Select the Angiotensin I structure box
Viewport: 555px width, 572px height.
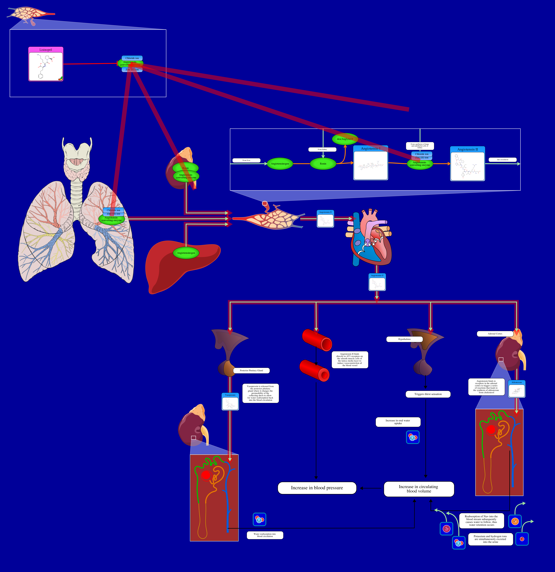click(x=370, y=163)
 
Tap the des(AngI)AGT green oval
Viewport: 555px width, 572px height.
click(x=345, y=139)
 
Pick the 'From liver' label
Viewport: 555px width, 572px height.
click(x=246, y=160)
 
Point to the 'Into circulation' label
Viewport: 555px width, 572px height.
click(x=502, y=160)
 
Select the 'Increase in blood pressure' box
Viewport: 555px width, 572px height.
click(x=317, y=488)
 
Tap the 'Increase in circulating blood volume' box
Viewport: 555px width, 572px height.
click(x=419, y=489)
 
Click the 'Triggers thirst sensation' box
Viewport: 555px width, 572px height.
click(x=428, y=394)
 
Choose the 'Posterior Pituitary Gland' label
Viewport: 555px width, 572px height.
click(x=251, y=370)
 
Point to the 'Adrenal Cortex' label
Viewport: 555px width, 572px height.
click(x=495, y=334)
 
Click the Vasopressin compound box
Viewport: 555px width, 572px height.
click(x=230, y=402)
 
